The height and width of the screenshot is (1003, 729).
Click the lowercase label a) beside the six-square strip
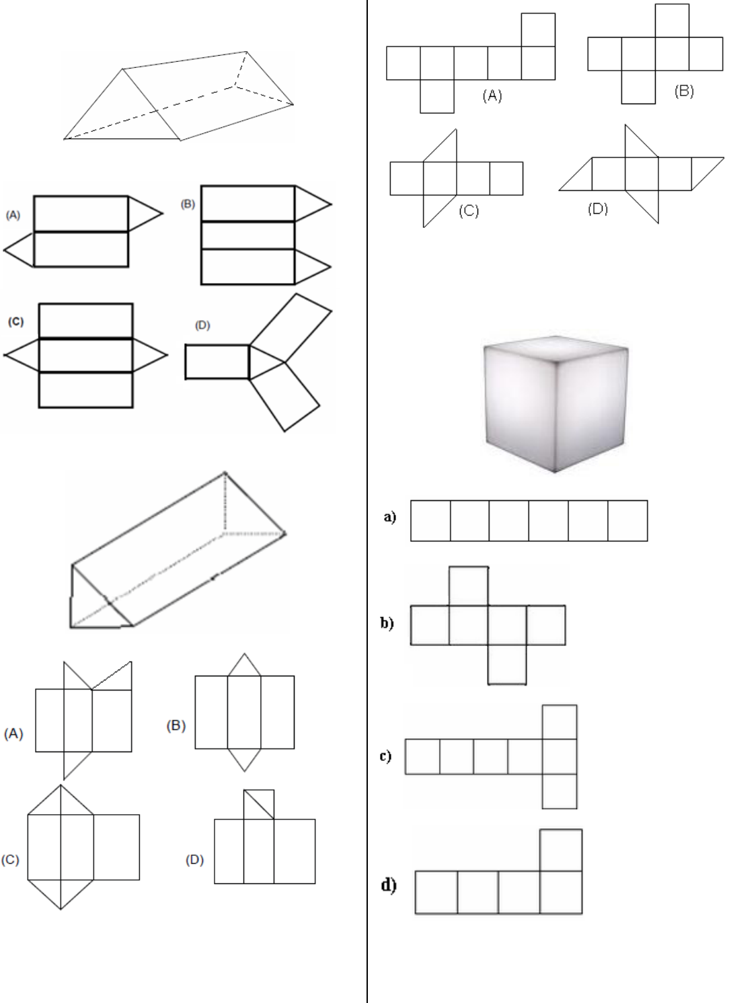point(390,517)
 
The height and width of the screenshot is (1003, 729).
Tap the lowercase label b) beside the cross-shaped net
point(387,623)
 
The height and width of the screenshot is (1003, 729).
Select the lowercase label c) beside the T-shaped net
point(385,756)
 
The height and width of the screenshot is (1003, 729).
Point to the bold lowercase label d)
point(389,885)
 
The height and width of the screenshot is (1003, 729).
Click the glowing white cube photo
point(555,404)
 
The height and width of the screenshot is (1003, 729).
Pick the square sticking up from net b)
point(469,586)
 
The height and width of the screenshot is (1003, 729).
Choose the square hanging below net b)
point(507,664)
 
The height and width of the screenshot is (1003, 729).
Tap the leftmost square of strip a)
point(430,521)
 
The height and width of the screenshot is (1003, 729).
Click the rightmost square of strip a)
point(627,521)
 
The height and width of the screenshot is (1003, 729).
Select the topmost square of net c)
point(560,722)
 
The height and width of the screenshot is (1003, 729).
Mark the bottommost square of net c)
point(560,791)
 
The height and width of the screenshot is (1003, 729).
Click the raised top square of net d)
point(561,850)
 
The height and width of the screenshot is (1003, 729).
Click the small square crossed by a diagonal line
point(259,805)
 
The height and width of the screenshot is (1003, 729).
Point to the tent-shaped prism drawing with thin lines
point(179,96)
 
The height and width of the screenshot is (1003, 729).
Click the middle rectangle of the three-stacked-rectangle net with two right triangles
point(247,235)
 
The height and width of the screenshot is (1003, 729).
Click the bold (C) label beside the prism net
point(15,321)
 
